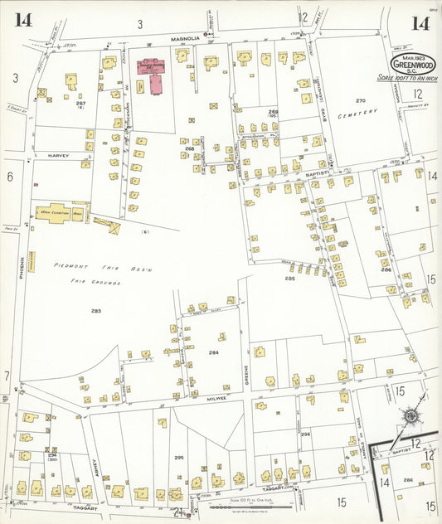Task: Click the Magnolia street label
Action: tap(187, 38)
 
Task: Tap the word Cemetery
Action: tap(358, 112)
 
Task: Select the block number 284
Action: tap(214, 352)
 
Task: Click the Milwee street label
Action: tap(217, 399)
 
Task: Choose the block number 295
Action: tap(178, 457)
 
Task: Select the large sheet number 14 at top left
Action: tap(23, 20)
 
